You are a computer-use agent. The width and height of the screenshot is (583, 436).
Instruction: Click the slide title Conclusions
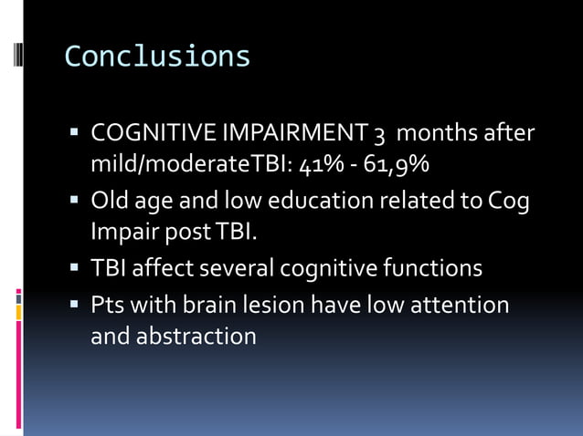click(157, 57)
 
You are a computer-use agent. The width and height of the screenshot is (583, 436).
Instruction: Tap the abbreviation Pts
click(107, 304)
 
